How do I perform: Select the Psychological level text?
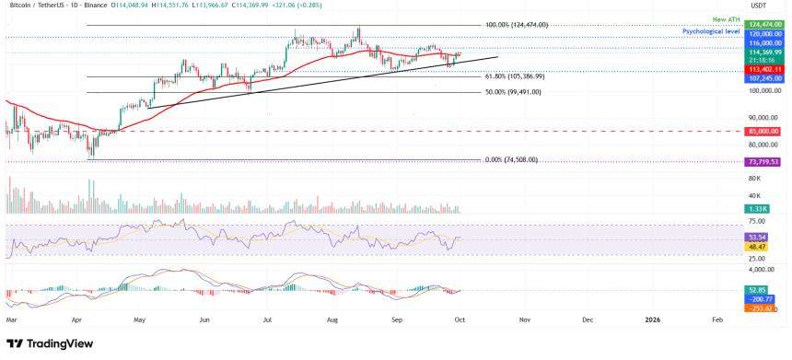tap(713, 31)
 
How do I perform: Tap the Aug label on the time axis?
tap(332, 319)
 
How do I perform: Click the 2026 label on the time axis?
tap(652, 319)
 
